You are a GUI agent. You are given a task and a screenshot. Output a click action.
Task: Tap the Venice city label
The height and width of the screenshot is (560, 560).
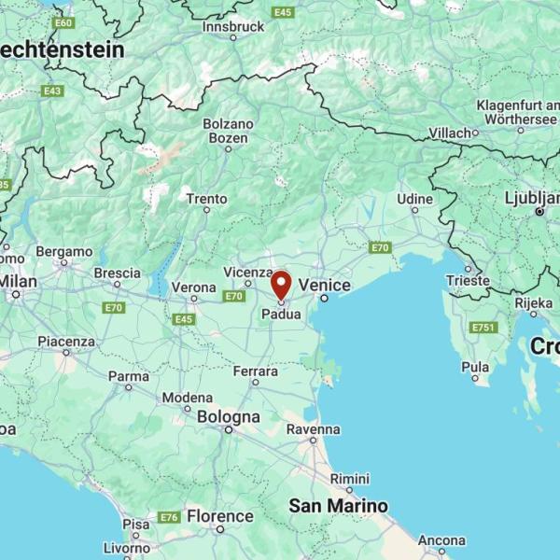[324, 286]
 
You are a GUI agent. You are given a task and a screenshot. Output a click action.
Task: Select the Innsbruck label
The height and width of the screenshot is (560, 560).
[233, 28]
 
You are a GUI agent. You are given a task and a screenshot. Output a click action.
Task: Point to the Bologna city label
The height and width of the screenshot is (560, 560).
[229, 417]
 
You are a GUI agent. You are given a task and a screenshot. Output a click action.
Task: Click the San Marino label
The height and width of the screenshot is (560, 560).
[337, 506]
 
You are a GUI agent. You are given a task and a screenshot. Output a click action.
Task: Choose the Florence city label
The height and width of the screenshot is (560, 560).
[219, 516]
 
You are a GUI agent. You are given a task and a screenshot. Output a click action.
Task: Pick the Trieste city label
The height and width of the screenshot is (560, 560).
[468, 280]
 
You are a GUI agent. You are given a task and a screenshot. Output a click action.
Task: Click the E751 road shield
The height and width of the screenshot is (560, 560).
[483, 328]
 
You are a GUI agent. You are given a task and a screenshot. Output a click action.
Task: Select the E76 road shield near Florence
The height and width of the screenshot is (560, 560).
[169, 517]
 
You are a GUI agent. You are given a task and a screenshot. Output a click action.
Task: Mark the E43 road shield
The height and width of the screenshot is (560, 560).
[52, 91]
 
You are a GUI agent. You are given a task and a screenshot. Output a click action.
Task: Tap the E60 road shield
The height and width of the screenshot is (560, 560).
[63, 22]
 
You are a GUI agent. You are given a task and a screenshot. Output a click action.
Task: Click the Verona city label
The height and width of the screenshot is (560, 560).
[194, 287]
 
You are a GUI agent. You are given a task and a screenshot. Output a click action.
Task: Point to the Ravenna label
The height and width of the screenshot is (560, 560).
[313, 429]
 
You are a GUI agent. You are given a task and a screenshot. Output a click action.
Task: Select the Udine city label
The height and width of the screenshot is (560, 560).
[414, 199]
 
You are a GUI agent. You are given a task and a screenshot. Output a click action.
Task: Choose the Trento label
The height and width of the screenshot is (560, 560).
[206, 199]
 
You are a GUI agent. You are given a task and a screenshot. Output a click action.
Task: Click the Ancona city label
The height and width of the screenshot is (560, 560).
[441, 540]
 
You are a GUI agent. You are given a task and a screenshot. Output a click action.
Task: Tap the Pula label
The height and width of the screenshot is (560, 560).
[475, 367]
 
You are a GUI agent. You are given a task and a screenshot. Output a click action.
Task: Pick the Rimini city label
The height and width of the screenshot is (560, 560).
[349, 478]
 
